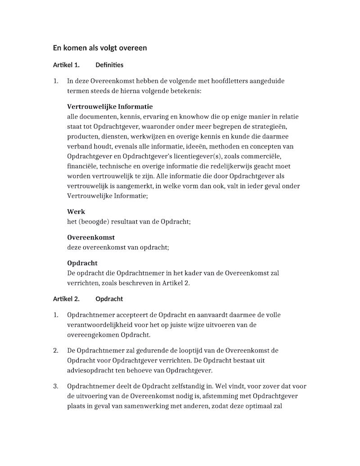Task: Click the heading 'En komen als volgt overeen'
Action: tap(100, 48)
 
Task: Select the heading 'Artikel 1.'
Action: tap(66, 65)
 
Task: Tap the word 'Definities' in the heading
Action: tap(109, 65)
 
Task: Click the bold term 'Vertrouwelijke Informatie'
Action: tap(110, 107)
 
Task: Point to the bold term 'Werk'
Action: tap(76, 212)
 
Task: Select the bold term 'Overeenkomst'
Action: tap(91, 237)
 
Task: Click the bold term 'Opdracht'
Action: tap(82, 263)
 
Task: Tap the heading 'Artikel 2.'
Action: tap(66, 299)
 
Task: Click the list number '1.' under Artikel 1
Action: tap(56, 81)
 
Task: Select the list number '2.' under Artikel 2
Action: tap(56, 350)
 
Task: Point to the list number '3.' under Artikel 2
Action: tap(56, 386)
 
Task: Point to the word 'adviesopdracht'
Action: tap(89, 371)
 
